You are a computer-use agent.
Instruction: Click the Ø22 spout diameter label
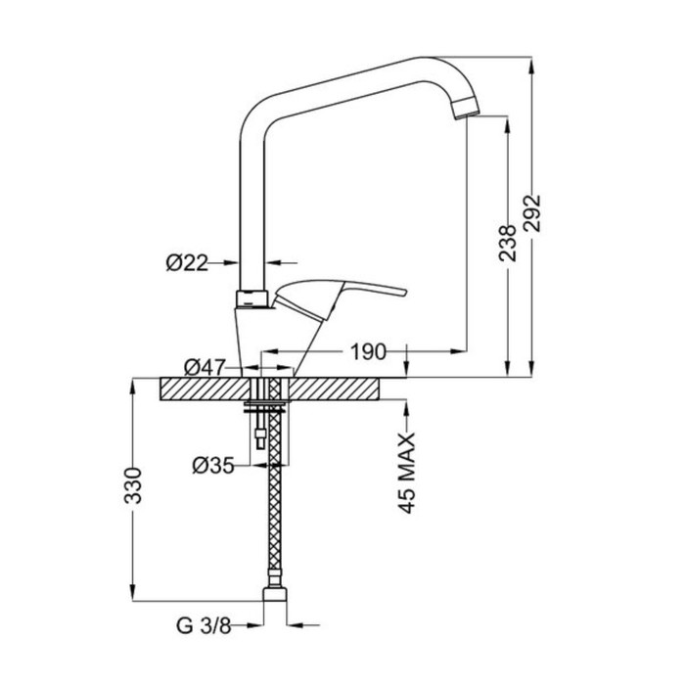click(187, 263)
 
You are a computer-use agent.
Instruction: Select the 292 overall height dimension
click(532, 213)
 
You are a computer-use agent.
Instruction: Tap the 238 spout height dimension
click(508, 244)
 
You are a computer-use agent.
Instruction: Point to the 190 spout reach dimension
click(369, 351)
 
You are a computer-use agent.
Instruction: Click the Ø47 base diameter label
click(205, 367)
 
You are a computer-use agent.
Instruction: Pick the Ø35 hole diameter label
click(213, 465)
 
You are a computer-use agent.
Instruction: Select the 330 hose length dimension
click(133, 485)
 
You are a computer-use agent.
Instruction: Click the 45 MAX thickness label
click(406, 473)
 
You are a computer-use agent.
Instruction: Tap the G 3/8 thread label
click(204, 625)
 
